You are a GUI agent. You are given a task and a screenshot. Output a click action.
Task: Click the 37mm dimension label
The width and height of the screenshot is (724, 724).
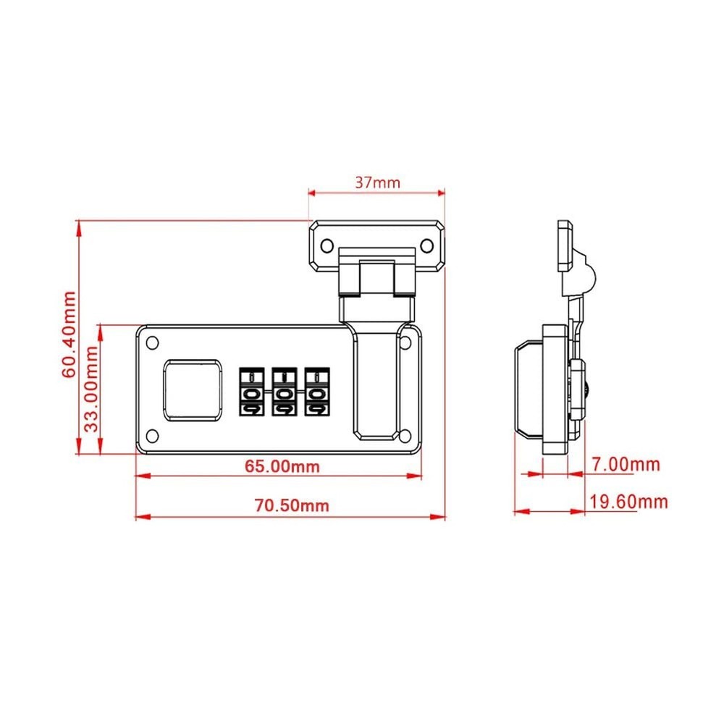point(376,182)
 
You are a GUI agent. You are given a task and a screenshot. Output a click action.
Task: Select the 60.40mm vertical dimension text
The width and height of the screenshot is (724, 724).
point(70,334)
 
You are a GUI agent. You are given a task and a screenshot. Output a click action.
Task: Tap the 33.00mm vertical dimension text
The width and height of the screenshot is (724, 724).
point(91,389)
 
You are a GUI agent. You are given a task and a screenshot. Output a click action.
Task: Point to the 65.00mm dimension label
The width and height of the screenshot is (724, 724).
point(282,466)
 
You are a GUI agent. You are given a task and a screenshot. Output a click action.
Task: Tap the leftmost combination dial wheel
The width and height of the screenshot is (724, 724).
point(248,392)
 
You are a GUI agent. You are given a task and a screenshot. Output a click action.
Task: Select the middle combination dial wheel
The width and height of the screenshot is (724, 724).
point(282,392)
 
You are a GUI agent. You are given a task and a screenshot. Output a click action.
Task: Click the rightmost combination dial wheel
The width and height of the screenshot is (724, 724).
point(315,392)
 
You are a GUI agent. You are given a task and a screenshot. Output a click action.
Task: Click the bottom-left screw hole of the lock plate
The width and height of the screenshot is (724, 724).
point(152,435)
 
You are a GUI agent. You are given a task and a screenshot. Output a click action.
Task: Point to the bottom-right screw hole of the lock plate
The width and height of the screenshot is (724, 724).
point(405,435)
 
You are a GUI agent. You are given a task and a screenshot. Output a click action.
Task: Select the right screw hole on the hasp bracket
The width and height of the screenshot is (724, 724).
point(426,245)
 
